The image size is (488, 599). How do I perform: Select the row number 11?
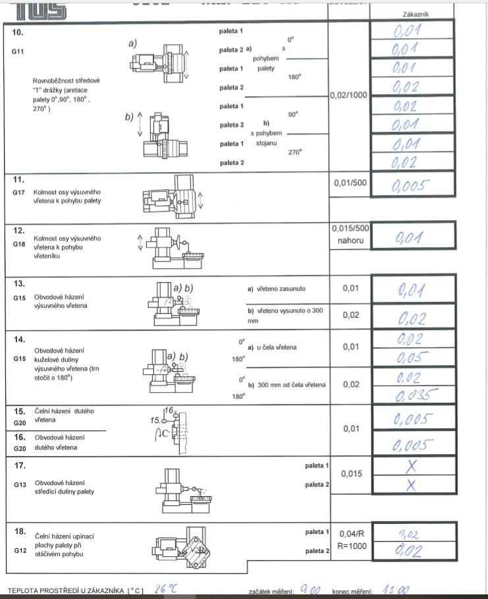[x=18, y=179]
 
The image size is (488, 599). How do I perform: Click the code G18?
[x=18, y=244]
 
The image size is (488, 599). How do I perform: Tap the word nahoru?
[x=348, y=241]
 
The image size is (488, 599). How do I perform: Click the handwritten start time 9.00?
[x=310, y=590]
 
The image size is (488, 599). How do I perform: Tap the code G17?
[x=18, y=192]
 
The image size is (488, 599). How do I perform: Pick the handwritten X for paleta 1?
[x=412, y=466]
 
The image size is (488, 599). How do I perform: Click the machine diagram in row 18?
[x=176, y=548]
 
